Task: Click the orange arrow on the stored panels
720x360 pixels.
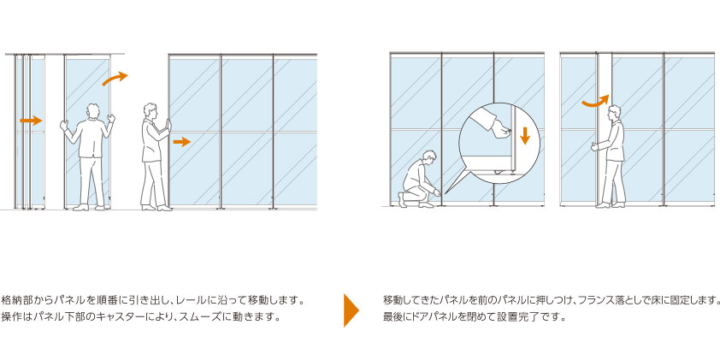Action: [31, 121]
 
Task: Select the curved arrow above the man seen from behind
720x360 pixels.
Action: [115, 78]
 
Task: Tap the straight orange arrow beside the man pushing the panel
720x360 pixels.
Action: [182, 142]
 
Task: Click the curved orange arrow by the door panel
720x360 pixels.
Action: [595, 102]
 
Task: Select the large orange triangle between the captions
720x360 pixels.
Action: [351, 310]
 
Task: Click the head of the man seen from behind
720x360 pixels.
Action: [92, 110]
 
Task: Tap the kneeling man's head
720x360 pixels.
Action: [430, 156]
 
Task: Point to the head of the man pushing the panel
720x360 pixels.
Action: [150, 110]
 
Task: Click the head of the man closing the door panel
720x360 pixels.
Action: [614, 113]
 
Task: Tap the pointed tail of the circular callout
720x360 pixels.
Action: [446, 192]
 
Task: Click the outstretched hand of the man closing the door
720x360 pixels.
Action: [595, 147]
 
